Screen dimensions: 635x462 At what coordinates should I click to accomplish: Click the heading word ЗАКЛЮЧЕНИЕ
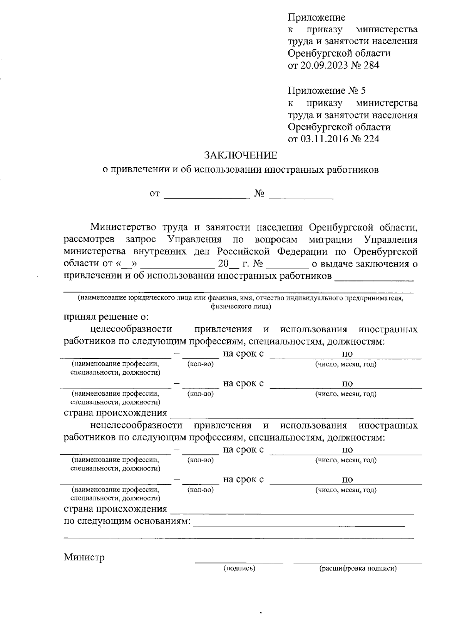[241, 155]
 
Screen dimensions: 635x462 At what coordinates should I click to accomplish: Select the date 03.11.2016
[323, 139]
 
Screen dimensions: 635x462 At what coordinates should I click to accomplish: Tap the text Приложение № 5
[327, 91]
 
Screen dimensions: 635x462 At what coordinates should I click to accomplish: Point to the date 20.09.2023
[323, 65]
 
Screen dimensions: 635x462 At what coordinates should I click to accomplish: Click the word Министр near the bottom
[84, 557]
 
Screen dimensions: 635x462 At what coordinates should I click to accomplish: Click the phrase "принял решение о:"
[106, 317]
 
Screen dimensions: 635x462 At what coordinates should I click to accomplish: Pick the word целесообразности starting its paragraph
[131, 330]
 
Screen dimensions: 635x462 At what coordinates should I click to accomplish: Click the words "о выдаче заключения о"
[364, 264]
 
